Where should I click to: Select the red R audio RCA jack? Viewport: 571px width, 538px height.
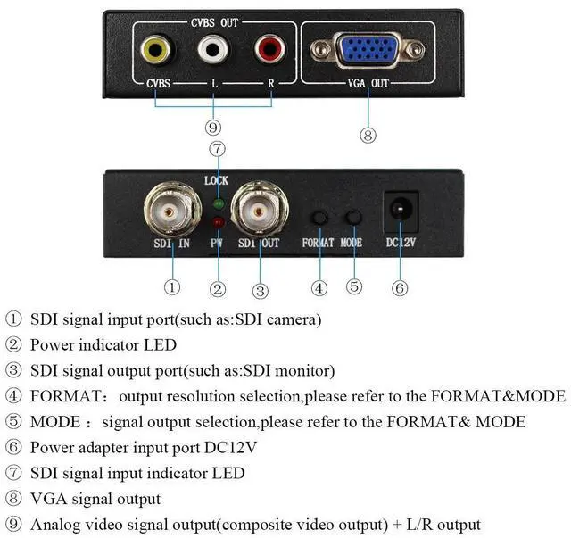(x=269, y=49)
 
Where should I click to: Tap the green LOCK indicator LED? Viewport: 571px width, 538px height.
(x=218, y=204)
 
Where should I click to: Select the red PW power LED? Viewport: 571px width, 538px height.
(x=218, y=222)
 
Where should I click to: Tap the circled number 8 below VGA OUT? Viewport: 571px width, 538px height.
(x=368, y=136)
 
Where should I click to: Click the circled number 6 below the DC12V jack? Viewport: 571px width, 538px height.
(x=400, y=287)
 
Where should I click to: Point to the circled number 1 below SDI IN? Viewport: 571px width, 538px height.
(x=172, y=287)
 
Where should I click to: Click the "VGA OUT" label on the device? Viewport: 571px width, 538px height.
(x=368, y=84)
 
